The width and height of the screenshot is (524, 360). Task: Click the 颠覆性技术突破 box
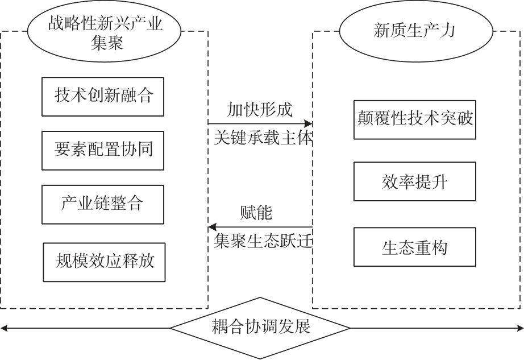414,119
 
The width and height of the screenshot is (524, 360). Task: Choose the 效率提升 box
414,181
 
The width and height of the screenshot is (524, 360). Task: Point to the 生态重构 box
414,247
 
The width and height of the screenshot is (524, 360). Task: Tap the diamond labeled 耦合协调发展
261,328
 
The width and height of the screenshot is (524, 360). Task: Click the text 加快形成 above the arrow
260,109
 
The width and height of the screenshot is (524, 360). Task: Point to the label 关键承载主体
263,138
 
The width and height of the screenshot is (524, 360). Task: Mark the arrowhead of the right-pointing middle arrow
309,123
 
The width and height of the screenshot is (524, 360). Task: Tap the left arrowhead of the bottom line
3,328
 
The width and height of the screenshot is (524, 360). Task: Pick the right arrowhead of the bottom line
520,328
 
